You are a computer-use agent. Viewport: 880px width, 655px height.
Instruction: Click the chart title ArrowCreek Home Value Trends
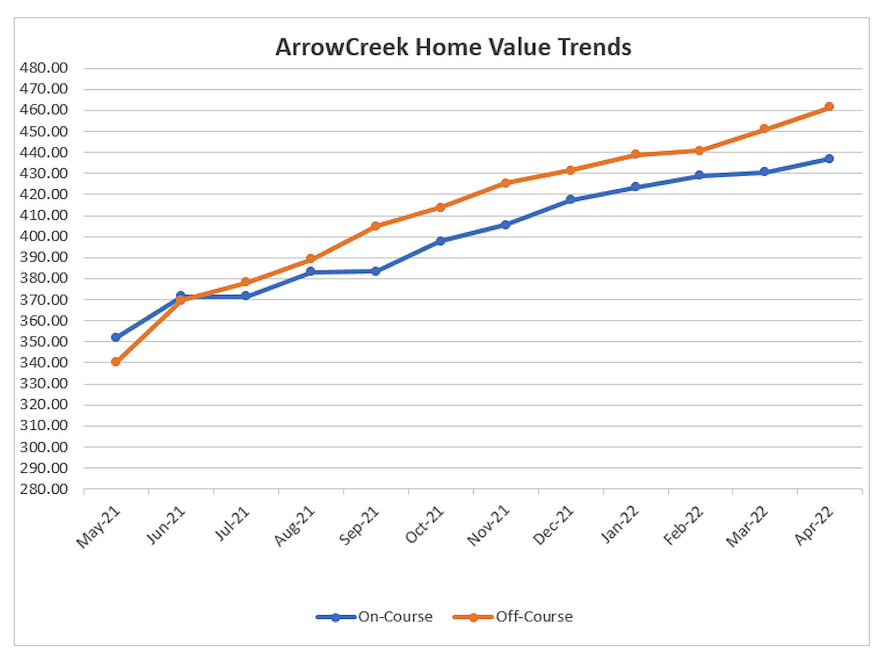click(x=453, y=47)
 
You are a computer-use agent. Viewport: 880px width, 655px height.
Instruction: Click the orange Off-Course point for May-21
click(x=116, y=362)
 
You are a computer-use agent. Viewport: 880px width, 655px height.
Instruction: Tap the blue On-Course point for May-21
click(x=116, y=337)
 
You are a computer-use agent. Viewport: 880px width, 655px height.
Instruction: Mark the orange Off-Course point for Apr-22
click(x=829, y=107)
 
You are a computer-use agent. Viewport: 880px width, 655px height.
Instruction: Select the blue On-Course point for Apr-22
click(x=829, y=159)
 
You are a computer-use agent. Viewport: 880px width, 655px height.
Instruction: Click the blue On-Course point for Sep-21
click(x=375, y=271)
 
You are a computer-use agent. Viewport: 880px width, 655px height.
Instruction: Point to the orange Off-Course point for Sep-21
click(x=375, y=226)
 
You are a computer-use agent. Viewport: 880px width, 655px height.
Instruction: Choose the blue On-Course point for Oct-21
click(x=440, y=241)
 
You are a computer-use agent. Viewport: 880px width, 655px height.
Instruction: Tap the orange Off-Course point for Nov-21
click(x=506, y=183)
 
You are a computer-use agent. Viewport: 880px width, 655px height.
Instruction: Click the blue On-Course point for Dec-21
click(x=570, y=199)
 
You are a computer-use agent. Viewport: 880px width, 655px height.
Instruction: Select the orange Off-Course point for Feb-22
click(x=699, y=151)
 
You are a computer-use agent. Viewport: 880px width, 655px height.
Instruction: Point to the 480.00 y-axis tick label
click(x=44, y=68)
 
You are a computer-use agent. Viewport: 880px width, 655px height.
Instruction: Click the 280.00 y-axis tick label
click(x=44, y=489)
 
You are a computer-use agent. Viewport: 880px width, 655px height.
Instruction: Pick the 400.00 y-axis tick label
click(x=44, y=236)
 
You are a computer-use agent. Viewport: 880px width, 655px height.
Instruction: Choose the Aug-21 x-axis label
click(x=294, y=527)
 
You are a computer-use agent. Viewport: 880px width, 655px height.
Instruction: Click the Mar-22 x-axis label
click(x=747, y=527)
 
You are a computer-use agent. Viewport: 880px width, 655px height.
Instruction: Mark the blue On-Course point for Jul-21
click(x=245, y=296)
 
